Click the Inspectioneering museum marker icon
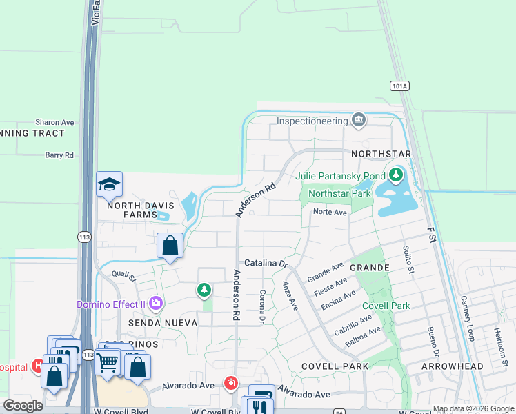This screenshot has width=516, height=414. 358,121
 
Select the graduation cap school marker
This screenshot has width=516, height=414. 109,184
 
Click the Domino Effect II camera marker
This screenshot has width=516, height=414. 156,302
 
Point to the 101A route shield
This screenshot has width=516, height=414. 399,86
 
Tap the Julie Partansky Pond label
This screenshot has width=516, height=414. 340,176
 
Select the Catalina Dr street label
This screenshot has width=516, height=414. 266,264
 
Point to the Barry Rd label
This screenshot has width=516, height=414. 59,156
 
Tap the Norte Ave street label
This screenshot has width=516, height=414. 329,213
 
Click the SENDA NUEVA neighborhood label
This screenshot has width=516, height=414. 159,323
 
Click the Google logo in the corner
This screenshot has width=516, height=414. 23,406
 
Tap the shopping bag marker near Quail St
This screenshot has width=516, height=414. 170,246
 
